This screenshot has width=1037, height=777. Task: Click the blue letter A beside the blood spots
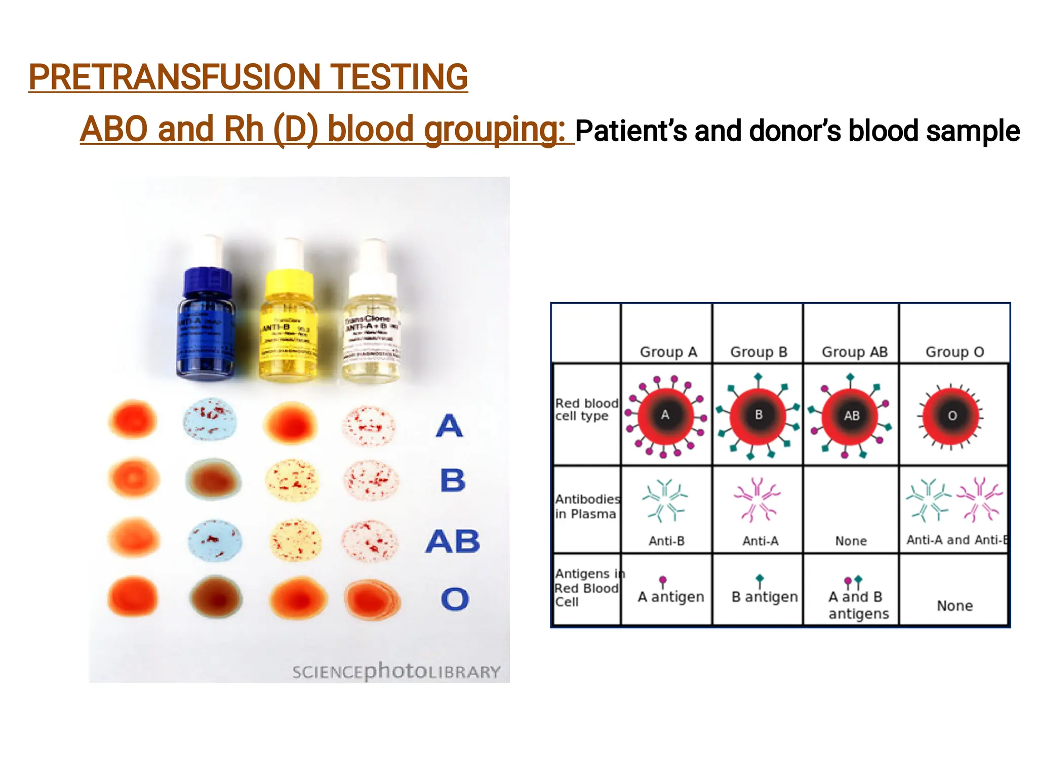[x=449, y=426]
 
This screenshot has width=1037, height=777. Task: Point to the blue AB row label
[x=453, y=541]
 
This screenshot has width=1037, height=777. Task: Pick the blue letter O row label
[x=455, y=599]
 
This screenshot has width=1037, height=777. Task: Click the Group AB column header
[x=855, y=352]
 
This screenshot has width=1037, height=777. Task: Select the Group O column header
[x=954, y=352]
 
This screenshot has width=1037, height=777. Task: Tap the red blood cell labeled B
[x=758, y=416]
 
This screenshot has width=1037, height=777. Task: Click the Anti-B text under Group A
[x=666, y=541]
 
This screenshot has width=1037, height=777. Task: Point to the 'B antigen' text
[x=765, y=597]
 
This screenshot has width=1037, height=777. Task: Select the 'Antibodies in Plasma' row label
[x=587, y=506]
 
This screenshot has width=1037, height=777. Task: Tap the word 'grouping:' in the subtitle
[x=494, y=129]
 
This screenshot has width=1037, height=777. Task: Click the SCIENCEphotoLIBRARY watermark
[x=396, y=672]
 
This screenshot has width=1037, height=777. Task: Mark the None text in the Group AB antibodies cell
[x=851, y=541]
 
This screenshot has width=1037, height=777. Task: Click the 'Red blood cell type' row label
[x=586, y=410]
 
